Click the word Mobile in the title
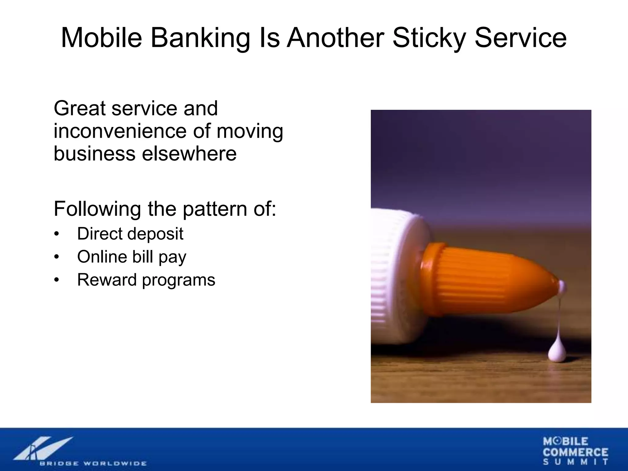101,38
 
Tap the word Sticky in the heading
429,38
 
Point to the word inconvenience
120,131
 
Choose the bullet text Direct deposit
130,234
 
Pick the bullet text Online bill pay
132,257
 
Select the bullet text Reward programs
146,280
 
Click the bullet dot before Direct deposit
56,234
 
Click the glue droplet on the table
557,353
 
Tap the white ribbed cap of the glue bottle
396,276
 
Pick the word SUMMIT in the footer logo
576,462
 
